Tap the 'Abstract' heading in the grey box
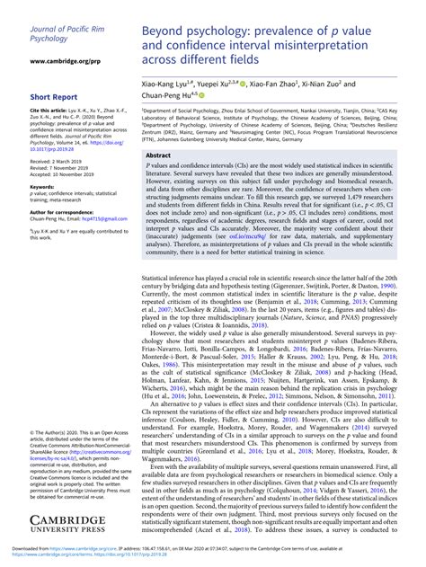159,155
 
